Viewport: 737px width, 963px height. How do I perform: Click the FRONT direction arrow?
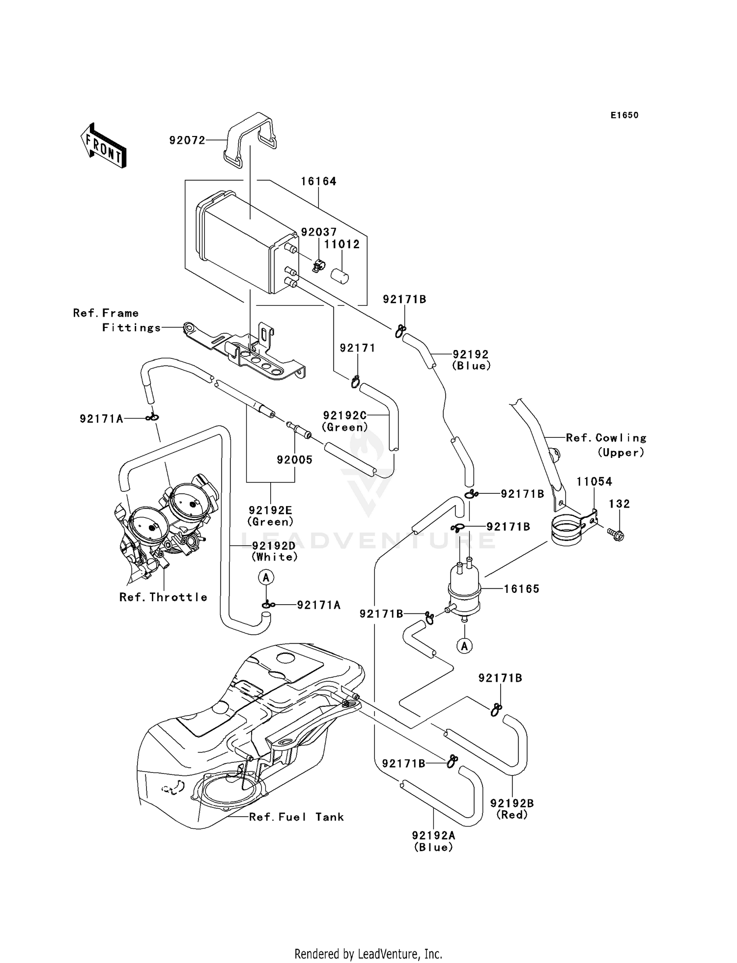104,146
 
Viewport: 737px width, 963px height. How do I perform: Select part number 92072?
187,140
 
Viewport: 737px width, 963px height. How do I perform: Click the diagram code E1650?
624,115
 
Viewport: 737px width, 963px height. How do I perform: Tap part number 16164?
318,181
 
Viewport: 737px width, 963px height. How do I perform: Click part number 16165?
521,588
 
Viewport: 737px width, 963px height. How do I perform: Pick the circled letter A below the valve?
464,646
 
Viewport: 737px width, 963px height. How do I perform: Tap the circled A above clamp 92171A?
266,578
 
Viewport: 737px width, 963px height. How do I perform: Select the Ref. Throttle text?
163,597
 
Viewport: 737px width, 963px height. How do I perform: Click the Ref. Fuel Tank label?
296,817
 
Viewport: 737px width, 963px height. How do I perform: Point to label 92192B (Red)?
512,809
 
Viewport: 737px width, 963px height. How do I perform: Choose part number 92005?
294,459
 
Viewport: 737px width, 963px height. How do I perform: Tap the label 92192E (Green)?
270,516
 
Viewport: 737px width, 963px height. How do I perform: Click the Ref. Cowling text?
606,437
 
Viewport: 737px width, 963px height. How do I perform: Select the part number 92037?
318,232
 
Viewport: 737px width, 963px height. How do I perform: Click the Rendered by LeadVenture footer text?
368,954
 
